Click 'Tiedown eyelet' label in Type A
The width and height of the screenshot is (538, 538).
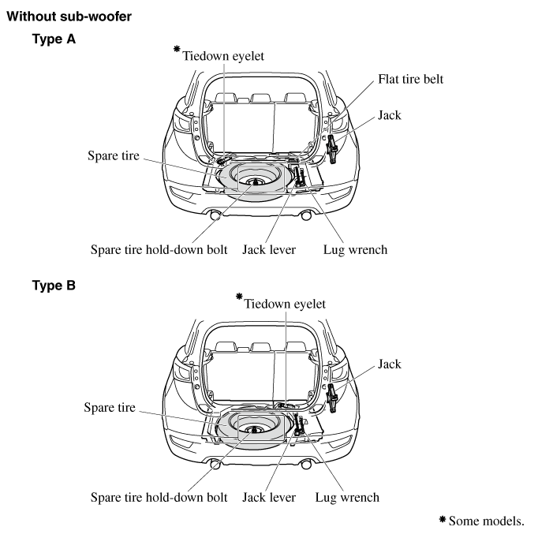point(223,56)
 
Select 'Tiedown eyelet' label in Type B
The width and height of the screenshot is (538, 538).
point(285,304)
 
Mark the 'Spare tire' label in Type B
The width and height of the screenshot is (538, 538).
point(110,407)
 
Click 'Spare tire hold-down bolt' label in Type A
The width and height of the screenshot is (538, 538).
point(159,250)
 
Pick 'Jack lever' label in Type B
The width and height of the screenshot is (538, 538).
point(269,498)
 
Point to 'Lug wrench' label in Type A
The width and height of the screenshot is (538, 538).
point(356,250)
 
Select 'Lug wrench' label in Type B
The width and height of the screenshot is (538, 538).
point(347,498)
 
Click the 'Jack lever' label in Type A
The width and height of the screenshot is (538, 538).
point(269,250)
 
